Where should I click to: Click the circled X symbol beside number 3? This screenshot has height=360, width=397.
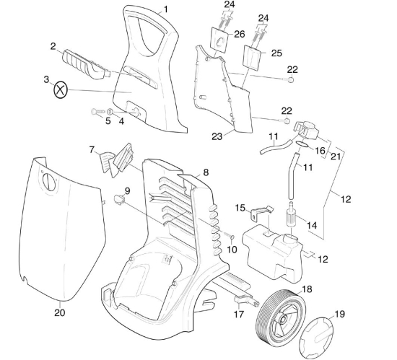click(x=61, y=90)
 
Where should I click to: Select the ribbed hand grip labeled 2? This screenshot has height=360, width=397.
click(x=86, y=65)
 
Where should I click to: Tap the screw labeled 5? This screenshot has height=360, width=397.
click(x=97, y=111)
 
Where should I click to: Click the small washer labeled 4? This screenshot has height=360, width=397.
click(x=110, y=112)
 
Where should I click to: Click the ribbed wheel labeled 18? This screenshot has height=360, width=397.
click(x=281, y=318)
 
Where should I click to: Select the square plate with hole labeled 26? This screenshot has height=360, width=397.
click(x=219, y=39)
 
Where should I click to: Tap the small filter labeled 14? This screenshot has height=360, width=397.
click(x=292, y=214)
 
